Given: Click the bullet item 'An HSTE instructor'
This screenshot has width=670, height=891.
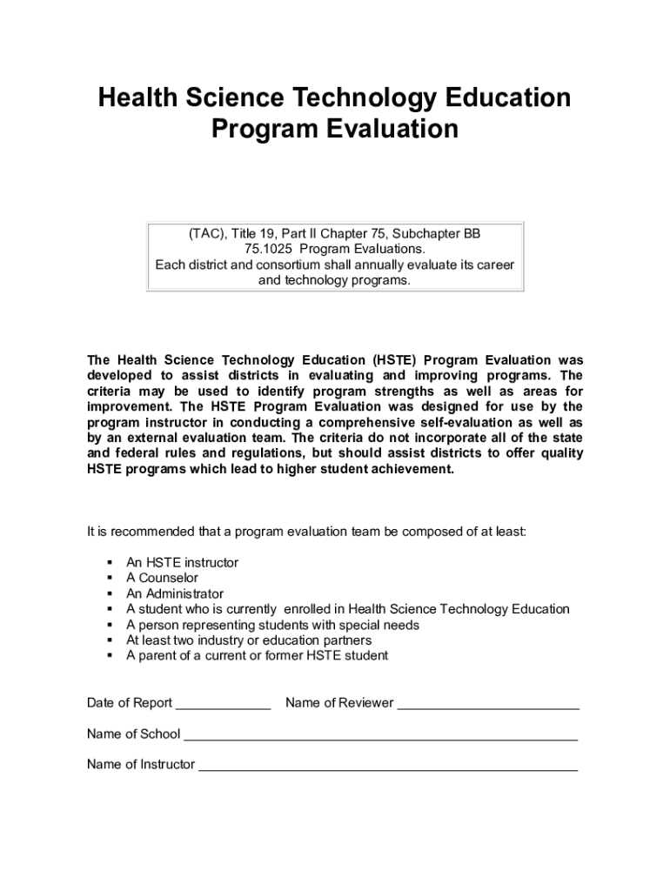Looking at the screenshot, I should tap(182, 563).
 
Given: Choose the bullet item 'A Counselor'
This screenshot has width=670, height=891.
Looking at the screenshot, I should tap(162, 579).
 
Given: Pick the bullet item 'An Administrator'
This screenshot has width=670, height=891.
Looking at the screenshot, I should tap(175, 594).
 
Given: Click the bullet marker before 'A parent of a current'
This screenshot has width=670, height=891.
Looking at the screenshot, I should tap(111, 656).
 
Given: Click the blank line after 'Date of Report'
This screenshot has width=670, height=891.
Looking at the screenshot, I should tap(224, 704).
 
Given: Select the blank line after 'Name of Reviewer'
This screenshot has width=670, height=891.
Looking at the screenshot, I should tap(488, 704).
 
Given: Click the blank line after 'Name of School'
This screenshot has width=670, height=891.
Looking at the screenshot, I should tap(380, 735).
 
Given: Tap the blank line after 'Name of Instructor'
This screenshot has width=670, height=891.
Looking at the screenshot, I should tap(388, 766).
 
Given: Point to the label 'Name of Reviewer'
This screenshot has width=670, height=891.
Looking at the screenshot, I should tap(339, 703).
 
